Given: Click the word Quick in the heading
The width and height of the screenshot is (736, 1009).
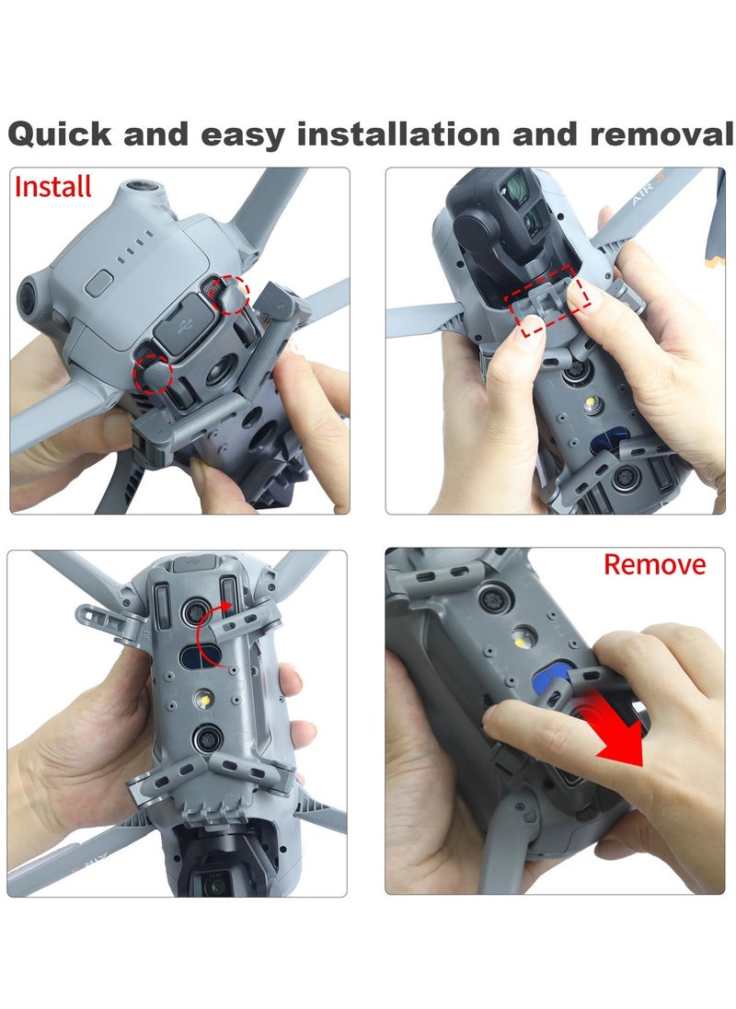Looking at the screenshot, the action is click(x=60, y=135).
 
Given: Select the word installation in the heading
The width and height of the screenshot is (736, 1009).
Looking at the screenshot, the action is click(x=398, y=133).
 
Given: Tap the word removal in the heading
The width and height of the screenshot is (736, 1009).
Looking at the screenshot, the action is click(x=661, y=133).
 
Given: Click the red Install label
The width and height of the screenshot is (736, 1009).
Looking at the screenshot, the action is click(x=53, y=187).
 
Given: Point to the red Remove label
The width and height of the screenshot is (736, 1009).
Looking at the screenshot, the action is click(x=654, y=564).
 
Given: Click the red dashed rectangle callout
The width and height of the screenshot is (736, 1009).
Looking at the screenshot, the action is click(x=546, y=300).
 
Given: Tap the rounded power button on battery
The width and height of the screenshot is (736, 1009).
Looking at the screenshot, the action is click(x=99, y=284).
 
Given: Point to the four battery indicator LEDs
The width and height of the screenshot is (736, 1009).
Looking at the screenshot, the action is click(x=135, y=247).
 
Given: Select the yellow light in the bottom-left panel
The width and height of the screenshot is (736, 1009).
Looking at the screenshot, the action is click(x=203, y=698).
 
